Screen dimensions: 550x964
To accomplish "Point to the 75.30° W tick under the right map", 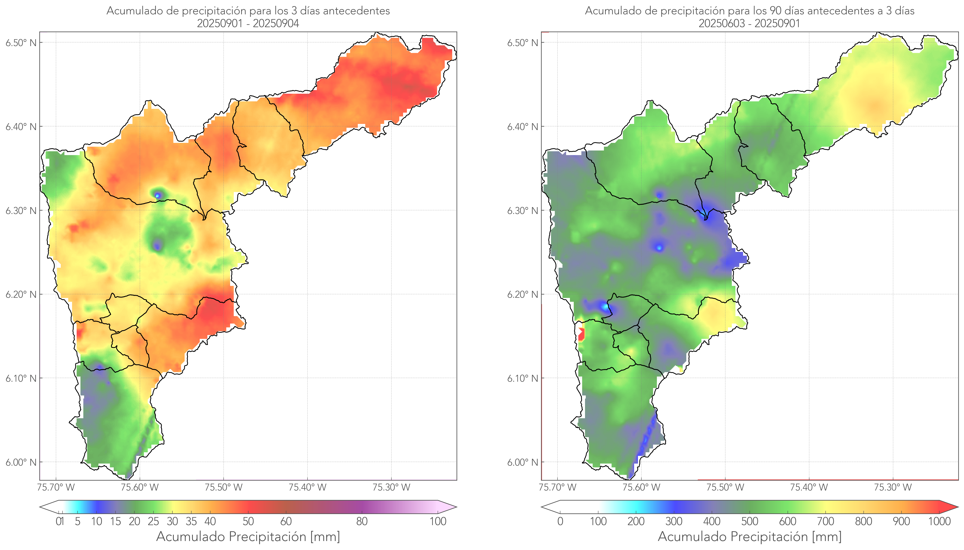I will click(893, 487).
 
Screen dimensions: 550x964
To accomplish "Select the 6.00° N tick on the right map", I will click(523, 462).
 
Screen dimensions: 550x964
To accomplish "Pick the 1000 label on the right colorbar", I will click(939, 521).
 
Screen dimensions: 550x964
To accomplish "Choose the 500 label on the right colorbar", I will click(750, 521).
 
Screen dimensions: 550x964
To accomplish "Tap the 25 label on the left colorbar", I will click(153, 521).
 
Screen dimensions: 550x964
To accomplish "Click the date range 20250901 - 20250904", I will click(248, 23).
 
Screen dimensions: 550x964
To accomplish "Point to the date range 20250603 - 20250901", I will click(749, 23).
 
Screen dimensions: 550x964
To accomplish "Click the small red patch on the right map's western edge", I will click(581, 334).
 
